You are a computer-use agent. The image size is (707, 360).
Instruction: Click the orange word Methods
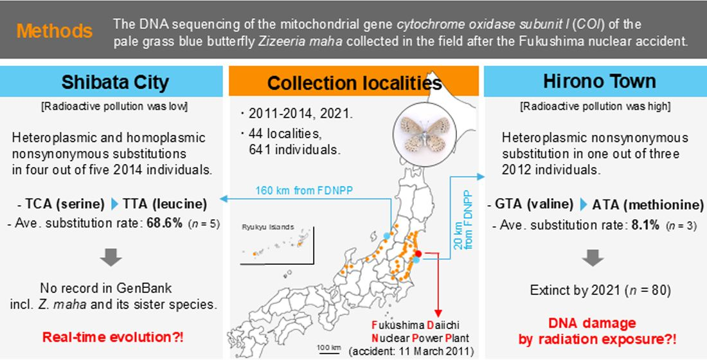coord(55,31)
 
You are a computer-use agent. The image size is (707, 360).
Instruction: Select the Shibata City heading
coord(115,82)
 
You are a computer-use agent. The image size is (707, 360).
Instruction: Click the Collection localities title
coord(354,84)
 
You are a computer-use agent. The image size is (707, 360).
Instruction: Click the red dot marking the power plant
coord(418,254)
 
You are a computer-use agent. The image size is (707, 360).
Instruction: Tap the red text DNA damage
coord(592,323)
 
